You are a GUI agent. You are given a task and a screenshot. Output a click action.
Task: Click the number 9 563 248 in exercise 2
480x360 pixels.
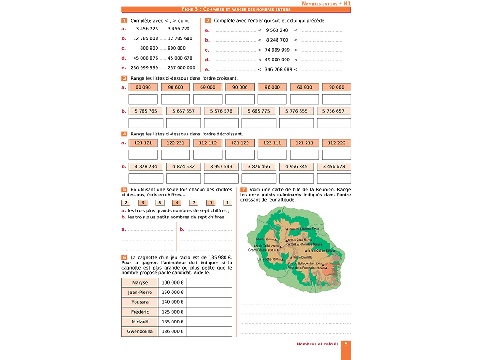point(277,30)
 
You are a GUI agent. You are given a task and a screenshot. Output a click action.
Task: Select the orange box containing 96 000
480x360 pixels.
point(272,87)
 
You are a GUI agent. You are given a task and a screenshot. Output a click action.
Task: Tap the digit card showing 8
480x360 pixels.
point(142,203)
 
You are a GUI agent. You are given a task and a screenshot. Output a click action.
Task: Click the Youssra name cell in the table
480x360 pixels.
point(140,302)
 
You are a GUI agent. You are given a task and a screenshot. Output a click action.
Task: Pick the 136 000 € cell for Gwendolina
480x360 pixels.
point(172,331)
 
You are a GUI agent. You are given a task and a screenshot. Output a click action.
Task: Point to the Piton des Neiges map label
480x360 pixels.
point(310,244)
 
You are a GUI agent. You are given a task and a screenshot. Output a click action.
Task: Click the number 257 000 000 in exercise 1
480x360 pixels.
point(181,68)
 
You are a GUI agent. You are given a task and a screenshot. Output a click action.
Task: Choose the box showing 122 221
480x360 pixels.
point(175,142)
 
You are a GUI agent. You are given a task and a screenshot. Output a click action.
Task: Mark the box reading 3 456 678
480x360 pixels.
point(334,166)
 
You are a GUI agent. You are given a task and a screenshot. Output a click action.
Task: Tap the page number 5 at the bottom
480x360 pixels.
point(346,344)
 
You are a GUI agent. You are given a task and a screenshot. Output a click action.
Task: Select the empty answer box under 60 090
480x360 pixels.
point(143,99)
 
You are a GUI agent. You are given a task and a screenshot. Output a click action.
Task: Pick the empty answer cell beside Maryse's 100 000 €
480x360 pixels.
point(209,283)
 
